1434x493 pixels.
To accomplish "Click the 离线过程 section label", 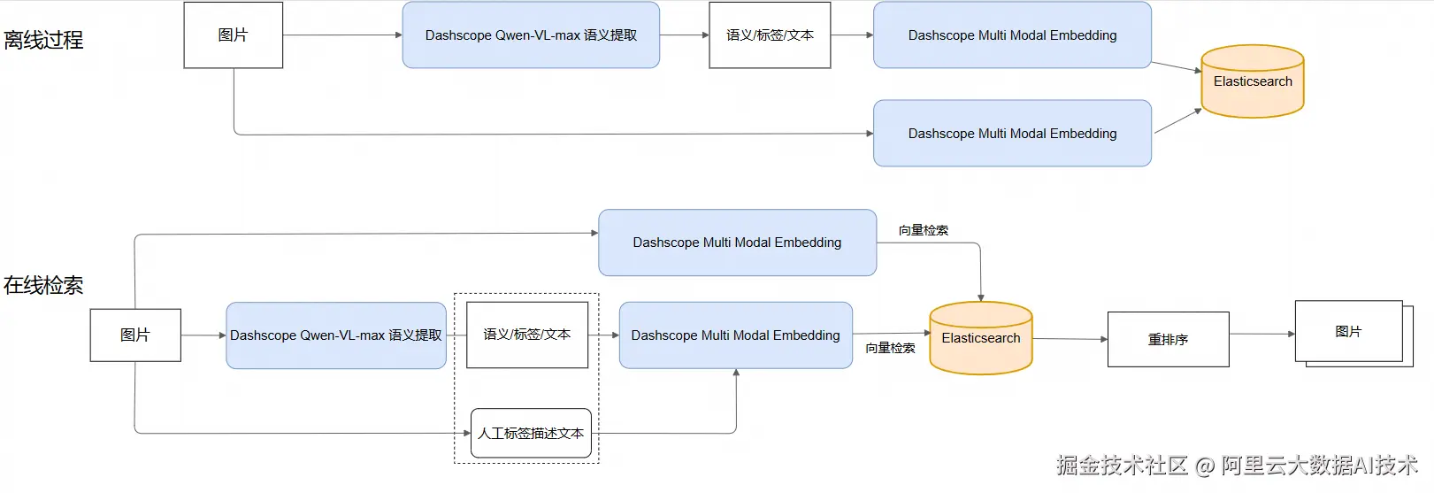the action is (x=43, y=40).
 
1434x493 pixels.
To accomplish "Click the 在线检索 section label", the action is (x=43, y=285).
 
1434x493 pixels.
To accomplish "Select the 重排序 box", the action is (x=1169, y=339).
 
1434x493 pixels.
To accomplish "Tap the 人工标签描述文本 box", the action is (x=531, y=434).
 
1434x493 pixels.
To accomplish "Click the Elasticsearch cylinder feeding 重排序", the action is (x=981, y=338).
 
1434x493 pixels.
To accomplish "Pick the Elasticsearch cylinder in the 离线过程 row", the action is (x=1253, y=81).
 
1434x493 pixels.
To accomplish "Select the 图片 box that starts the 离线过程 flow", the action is (x=233, y=35).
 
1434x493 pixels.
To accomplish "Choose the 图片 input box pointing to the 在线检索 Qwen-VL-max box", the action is (x=135, y=335).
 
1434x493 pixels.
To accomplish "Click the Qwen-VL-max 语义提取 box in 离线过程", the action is (x=531, y=35).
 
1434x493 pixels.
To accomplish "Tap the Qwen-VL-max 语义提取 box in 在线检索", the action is (x=336, y=335).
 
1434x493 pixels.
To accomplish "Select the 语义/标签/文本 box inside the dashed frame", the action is (x=527, y=335).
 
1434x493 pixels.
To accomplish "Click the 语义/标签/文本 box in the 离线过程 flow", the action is (x=770, y=35).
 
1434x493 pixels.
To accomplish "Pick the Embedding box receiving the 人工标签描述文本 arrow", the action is (x=735, y=335).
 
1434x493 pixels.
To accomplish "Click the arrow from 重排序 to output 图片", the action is (x=1262, y=334).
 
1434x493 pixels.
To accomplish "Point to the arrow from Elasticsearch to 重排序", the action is (x=1070, y=339).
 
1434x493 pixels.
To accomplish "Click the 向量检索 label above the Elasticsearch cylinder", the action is (x=924, y=230).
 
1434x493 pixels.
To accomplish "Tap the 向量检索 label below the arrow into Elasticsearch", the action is (x=890, y=349).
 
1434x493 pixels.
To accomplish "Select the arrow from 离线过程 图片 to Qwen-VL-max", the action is (x=342, y=35).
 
